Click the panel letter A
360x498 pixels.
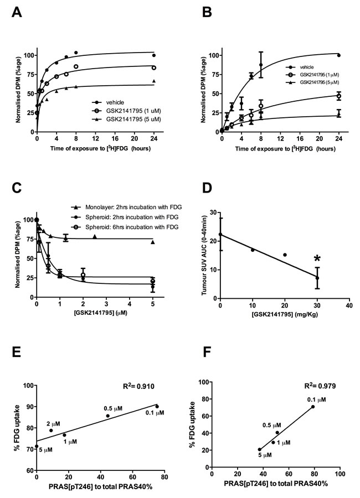tap(17, 12)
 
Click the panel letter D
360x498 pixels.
tap(207, 188)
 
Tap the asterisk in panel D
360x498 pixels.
tap(317, 258)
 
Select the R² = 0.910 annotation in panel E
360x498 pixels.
tap(138, 386)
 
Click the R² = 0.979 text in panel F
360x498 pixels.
tap(320, 386)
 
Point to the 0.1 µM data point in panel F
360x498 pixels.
tap(313, 407)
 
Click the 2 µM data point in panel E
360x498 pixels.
tap(51, 430)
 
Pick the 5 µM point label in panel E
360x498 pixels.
tap(46, 450)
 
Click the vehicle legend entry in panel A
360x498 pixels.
tap(108, 102)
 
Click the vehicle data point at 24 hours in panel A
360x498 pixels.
tap(154, 55)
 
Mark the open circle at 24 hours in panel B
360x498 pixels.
tap(339, 96)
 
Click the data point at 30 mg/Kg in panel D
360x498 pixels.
tap(317, 278)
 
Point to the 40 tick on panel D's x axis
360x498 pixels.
tap(349, 305)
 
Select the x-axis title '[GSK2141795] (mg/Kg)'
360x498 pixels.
tap(284, 315)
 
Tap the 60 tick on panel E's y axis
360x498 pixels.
tap(29, 470)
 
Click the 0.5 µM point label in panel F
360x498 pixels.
tap(272, 425)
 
